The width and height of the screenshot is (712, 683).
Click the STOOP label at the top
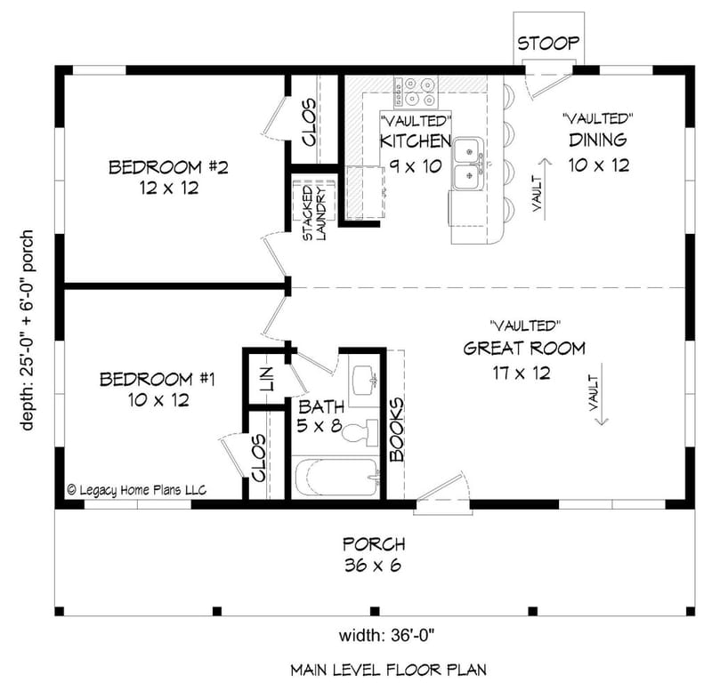548,43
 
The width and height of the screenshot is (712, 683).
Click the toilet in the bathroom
360,434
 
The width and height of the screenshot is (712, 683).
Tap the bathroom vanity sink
364,381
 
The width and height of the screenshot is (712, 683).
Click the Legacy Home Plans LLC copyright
136,489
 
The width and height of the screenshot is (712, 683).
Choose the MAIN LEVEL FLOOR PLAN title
386,668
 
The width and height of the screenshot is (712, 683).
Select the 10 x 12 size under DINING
599,165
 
